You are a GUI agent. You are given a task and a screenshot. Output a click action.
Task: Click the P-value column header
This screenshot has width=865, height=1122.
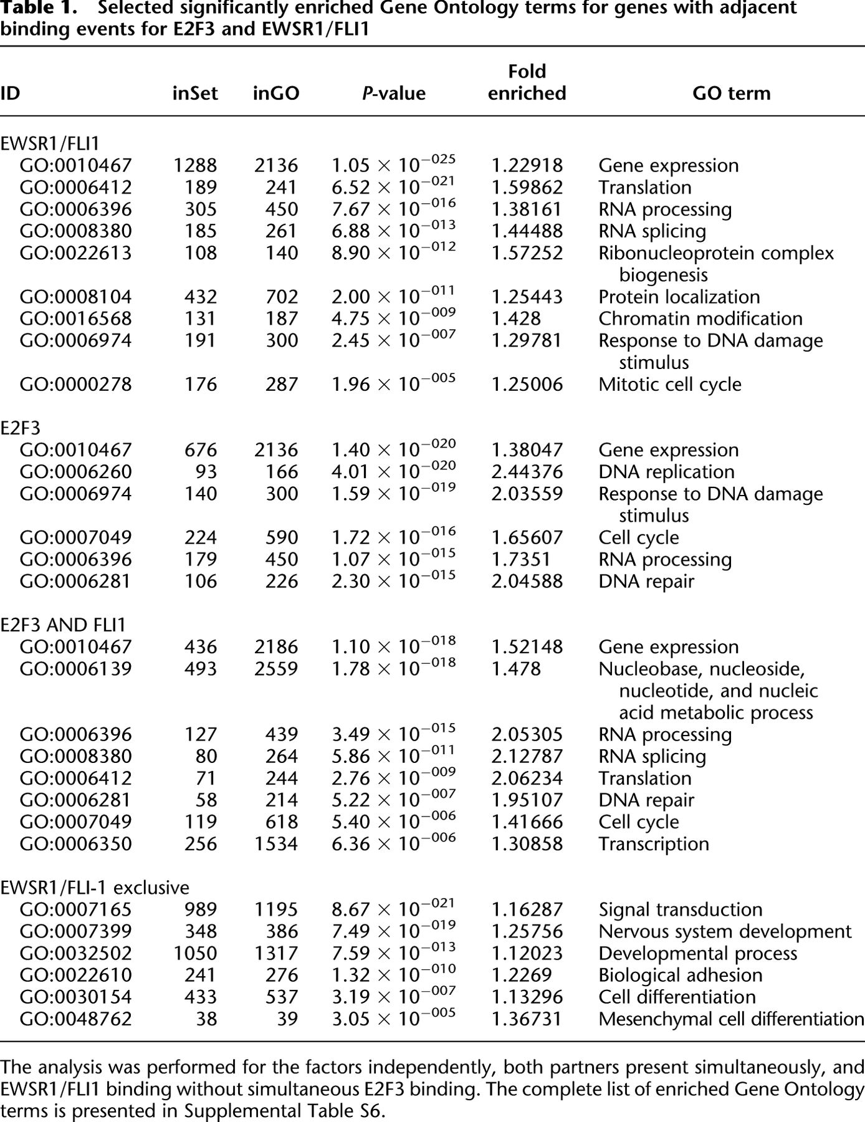click(394, 93)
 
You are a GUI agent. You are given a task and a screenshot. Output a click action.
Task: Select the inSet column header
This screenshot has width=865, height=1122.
click(195, 93)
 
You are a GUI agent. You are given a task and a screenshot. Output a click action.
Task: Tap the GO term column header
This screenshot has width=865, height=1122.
click(731, 93)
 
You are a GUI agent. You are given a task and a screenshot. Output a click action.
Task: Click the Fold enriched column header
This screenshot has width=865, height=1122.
click(527, 82)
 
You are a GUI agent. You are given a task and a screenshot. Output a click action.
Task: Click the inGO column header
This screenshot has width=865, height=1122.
click(276, 93)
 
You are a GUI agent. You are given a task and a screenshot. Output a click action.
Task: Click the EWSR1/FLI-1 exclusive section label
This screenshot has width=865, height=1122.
click(95, 887)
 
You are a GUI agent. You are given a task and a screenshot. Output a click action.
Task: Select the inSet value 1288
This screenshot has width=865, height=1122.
click(195, 165)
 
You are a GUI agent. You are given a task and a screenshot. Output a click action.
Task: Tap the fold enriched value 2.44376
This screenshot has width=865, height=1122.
click(527, 472)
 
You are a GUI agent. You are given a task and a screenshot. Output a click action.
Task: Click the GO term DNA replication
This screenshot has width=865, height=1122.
click(666, 472)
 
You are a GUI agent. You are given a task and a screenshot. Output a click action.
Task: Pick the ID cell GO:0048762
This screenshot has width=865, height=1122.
click(76, 1019)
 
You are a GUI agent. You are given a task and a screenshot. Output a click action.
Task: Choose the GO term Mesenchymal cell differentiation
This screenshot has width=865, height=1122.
click(731, 1019)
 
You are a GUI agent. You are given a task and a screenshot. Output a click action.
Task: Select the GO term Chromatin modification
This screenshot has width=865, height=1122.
click(700, 319)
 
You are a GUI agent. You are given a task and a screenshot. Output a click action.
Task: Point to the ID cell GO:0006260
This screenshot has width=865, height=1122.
click(76, 472)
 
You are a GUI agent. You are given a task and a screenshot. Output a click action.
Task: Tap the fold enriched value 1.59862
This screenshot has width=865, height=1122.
click(527, 187)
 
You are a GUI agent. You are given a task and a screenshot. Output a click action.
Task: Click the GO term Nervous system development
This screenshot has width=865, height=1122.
click(725, 931)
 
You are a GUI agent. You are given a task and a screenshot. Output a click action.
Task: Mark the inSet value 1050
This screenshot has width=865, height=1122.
click(195, 953)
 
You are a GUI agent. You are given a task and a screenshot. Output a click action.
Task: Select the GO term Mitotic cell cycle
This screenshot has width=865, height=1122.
click(670, 384)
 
